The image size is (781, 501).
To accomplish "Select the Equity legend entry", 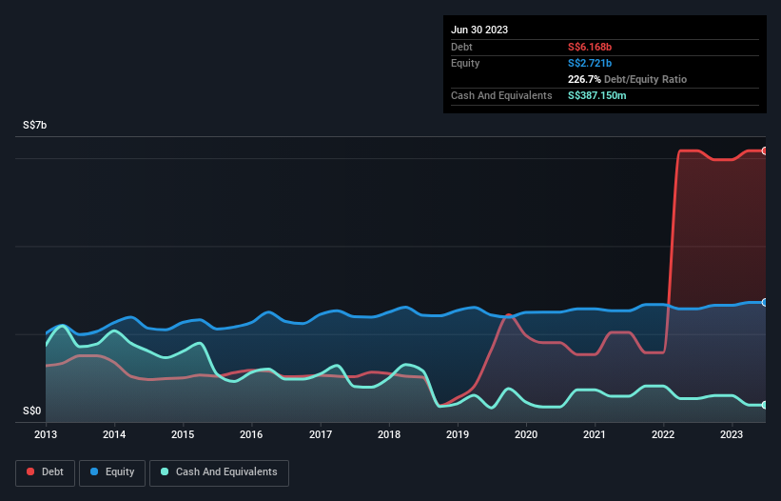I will click(x=111, y=471).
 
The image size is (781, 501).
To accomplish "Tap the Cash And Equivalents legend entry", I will click(x=219, y=471).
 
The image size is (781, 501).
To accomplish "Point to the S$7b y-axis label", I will click(x=34, y=126).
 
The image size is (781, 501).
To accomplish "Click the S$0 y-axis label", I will click(x=32, y=411).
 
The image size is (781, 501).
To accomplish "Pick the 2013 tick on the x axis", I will click(x=46, y=434).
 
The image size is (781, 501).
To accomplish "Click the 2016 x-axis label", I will click(x=252, y=434).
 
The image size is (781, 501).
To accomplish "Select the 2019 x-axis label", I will click(x=458, y=434).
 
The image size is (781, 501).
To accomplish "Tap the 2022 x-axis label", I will click(x=664, y=434).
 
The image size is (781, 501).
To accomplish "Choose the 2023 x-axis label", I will click(x=732, y=434).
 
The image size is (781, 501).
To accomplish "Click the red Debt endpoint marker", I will click(x=764, y=150).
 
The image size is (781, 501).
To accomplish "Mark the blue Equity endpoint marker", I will click(x=764, y=302).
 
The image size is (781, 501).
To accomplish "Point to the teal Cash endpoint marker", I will click(x=764, y=405).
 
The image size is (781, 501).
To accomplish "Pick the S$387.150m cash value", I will click(x=597, y=95).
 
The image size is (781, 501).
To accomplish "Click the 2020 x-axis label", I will click(x=526, y=434).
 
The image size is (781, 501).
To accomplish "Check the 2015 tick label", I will click(x=184, y=434).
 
